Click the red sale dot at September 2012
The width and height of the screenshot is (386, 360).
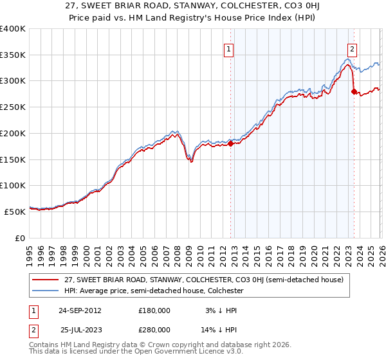click(231, 144)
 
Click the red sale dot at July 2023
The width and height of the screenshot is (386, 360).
click(354, 91)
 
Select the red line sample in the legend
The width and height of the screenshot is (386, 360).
click(46, 280)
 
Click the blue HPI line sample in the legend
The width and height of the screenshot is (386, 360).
click(46, 291)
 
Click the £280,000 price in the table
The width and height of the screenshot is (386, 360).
click(154, 330)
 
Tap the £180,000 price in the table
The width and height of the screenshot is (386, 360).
click(154, 310)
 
